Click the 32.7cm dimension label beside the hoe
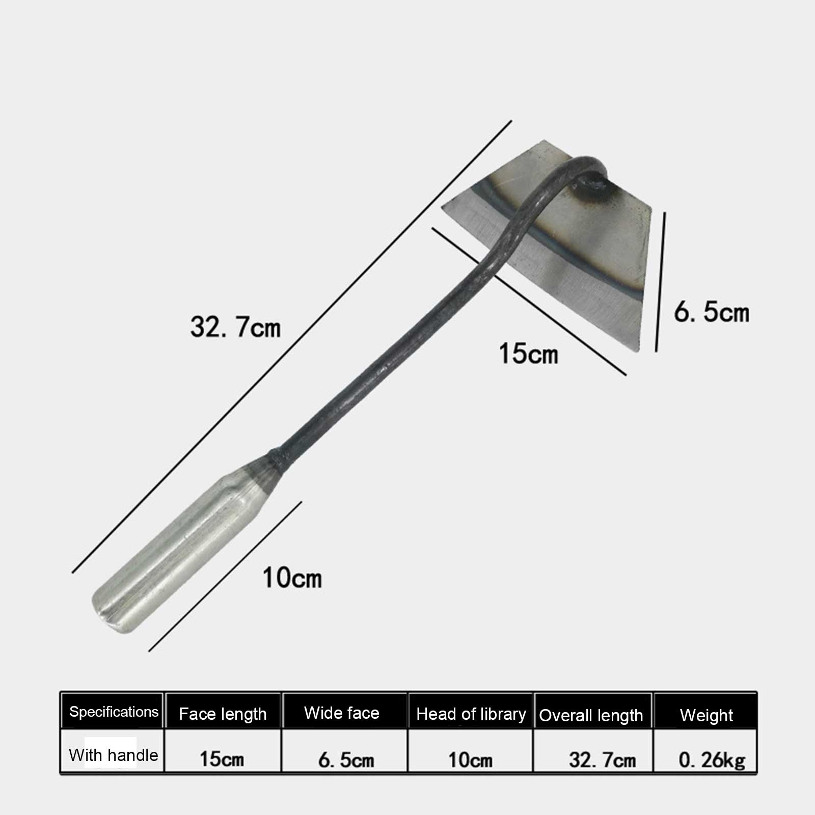click(x=235, y=327)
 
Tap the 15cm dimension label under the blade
click(x=528, y=353)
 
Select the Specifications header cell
click(x=114, y=712)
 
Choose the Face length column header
click(x=223, y=714)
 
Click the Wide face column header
click(x=342, y=713)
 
